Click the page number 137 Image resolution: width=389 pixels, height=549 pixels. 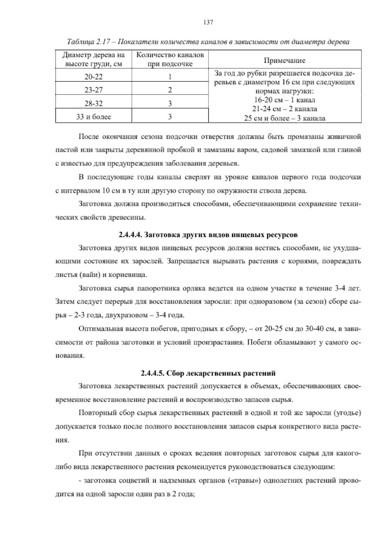pyautogui.click(x=208, y=22)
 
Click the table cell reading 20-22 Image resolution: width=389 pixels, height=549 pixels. pyautogui.click(x=93, y=77)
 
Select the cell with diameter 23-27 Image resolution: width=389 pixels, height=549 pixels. pyautogui.click(x=93, y=90)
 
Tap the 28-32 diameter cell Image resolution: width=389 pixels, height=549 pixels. pyautogui.click(x=93, y=104)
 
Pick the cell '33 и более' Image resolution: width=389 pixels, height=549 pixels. pyautogui.click(x=93, y=117)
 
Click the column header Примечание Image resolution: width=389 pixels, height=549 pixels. pyautogui.click(x=285, y=61)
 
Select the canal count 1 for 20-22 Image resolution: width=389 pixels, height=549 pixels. pyautogui.click(x=170, y=77)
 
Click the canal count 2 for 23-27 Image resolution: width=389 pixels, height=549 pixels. pyautogui.click(x=170, y=90)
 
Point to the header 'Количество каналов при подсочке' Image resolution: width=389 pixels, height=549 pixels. pyautogui.click(x=170, y=59)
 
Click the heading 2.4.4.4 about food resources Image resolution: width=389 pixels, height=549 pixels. pyautogui.click(x=208, y=234)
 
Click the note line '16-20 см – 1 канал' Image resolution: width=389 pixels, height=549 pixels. pyautogui.click(x=285, y=100)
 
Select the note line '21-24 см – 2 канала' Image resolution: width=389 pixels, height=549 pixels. pyautogui.click(x=285, y=109)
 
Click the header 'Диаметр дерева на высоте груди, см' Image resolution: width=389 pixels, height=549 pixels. pyautogui.click(x=93, y=59)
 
